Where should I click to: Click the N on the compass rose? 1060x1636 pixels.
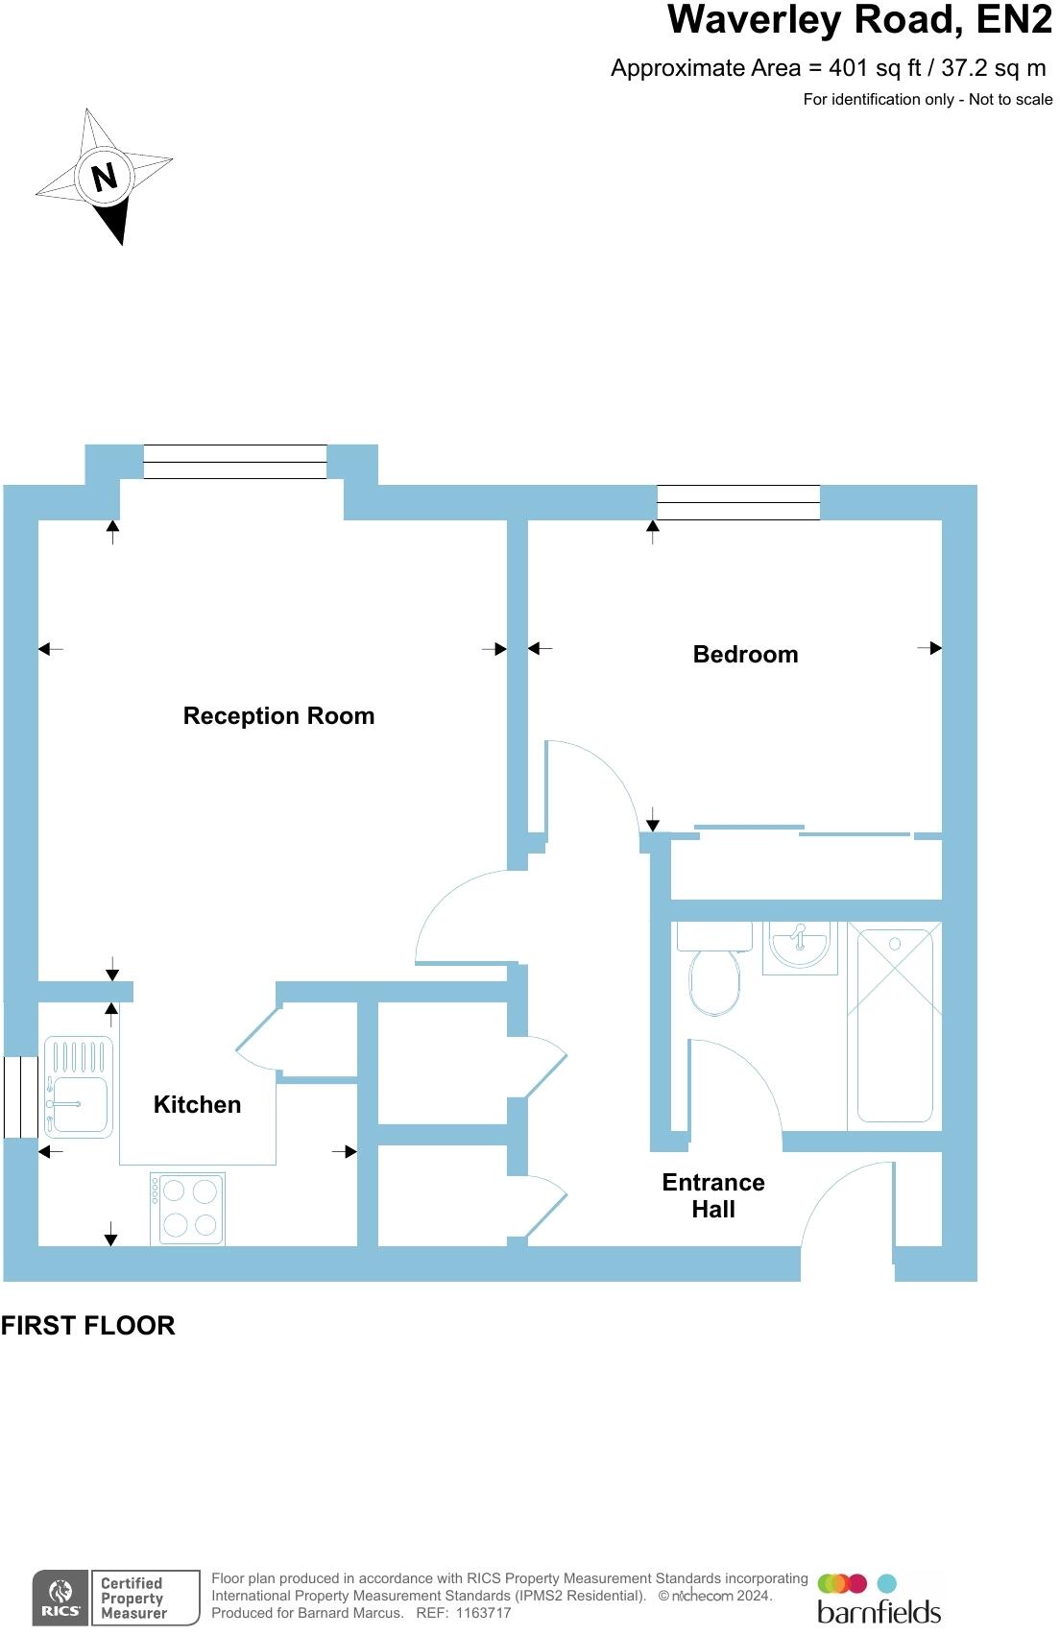pyautogui.click(x=104, y=177)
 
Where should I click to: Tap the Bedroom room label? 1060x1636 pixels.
pyautogui.click(x=745, y=655)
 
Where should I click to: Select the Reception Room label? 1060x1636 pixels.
pyautogui.click(x=278, y=716)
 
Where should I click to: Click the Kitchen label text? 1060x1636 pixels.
pyautogui.click(x=197, y=1105)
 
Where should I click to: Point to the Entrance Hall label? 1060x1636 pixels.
pyautogui.click(x=713, y=1195)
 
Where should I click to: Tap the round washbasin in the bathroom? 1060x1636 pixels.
pyautogui.click(x=799, y=944)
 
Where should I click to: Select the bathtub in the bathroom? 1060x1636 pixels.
pyautogui.click(x=895, y=1024)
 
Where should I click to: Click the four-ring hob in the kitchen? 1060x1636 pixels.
pyautogui.click(x=188, y=1209)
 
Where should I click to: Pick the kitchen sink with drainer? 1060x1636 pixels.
pyautogui.click(x=79, y=1089)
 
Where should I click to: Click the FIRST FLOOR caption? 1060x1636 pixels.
pyautogui.click(x=87, y=1326)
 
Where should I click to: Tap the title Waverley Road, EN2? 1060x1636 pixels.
pyautogui.click(x=858, y=20)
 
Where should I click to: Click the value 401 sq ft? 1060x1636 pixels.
pyautogui.click(x=875, y=68)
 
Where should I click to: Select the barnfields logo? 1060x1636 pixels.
pyautogui.click(x=878, y=1600)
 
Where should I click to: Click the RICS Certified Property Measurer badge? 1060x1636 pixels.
pyautogui.click(x=116, y=1598)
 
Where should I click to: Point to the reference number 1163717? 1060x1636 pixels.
pyautogui.click(x=483, y=1613)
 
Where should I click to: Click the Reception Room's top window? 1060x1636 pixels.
pyautogui.click(x=235, y=462)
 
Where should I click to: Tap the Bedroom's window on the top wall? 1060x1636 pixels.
pyautogui.click(x=737, y=502)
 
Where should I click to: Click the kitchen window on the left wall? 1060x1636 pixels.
pyautogui.click(x=20, y=1097)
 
